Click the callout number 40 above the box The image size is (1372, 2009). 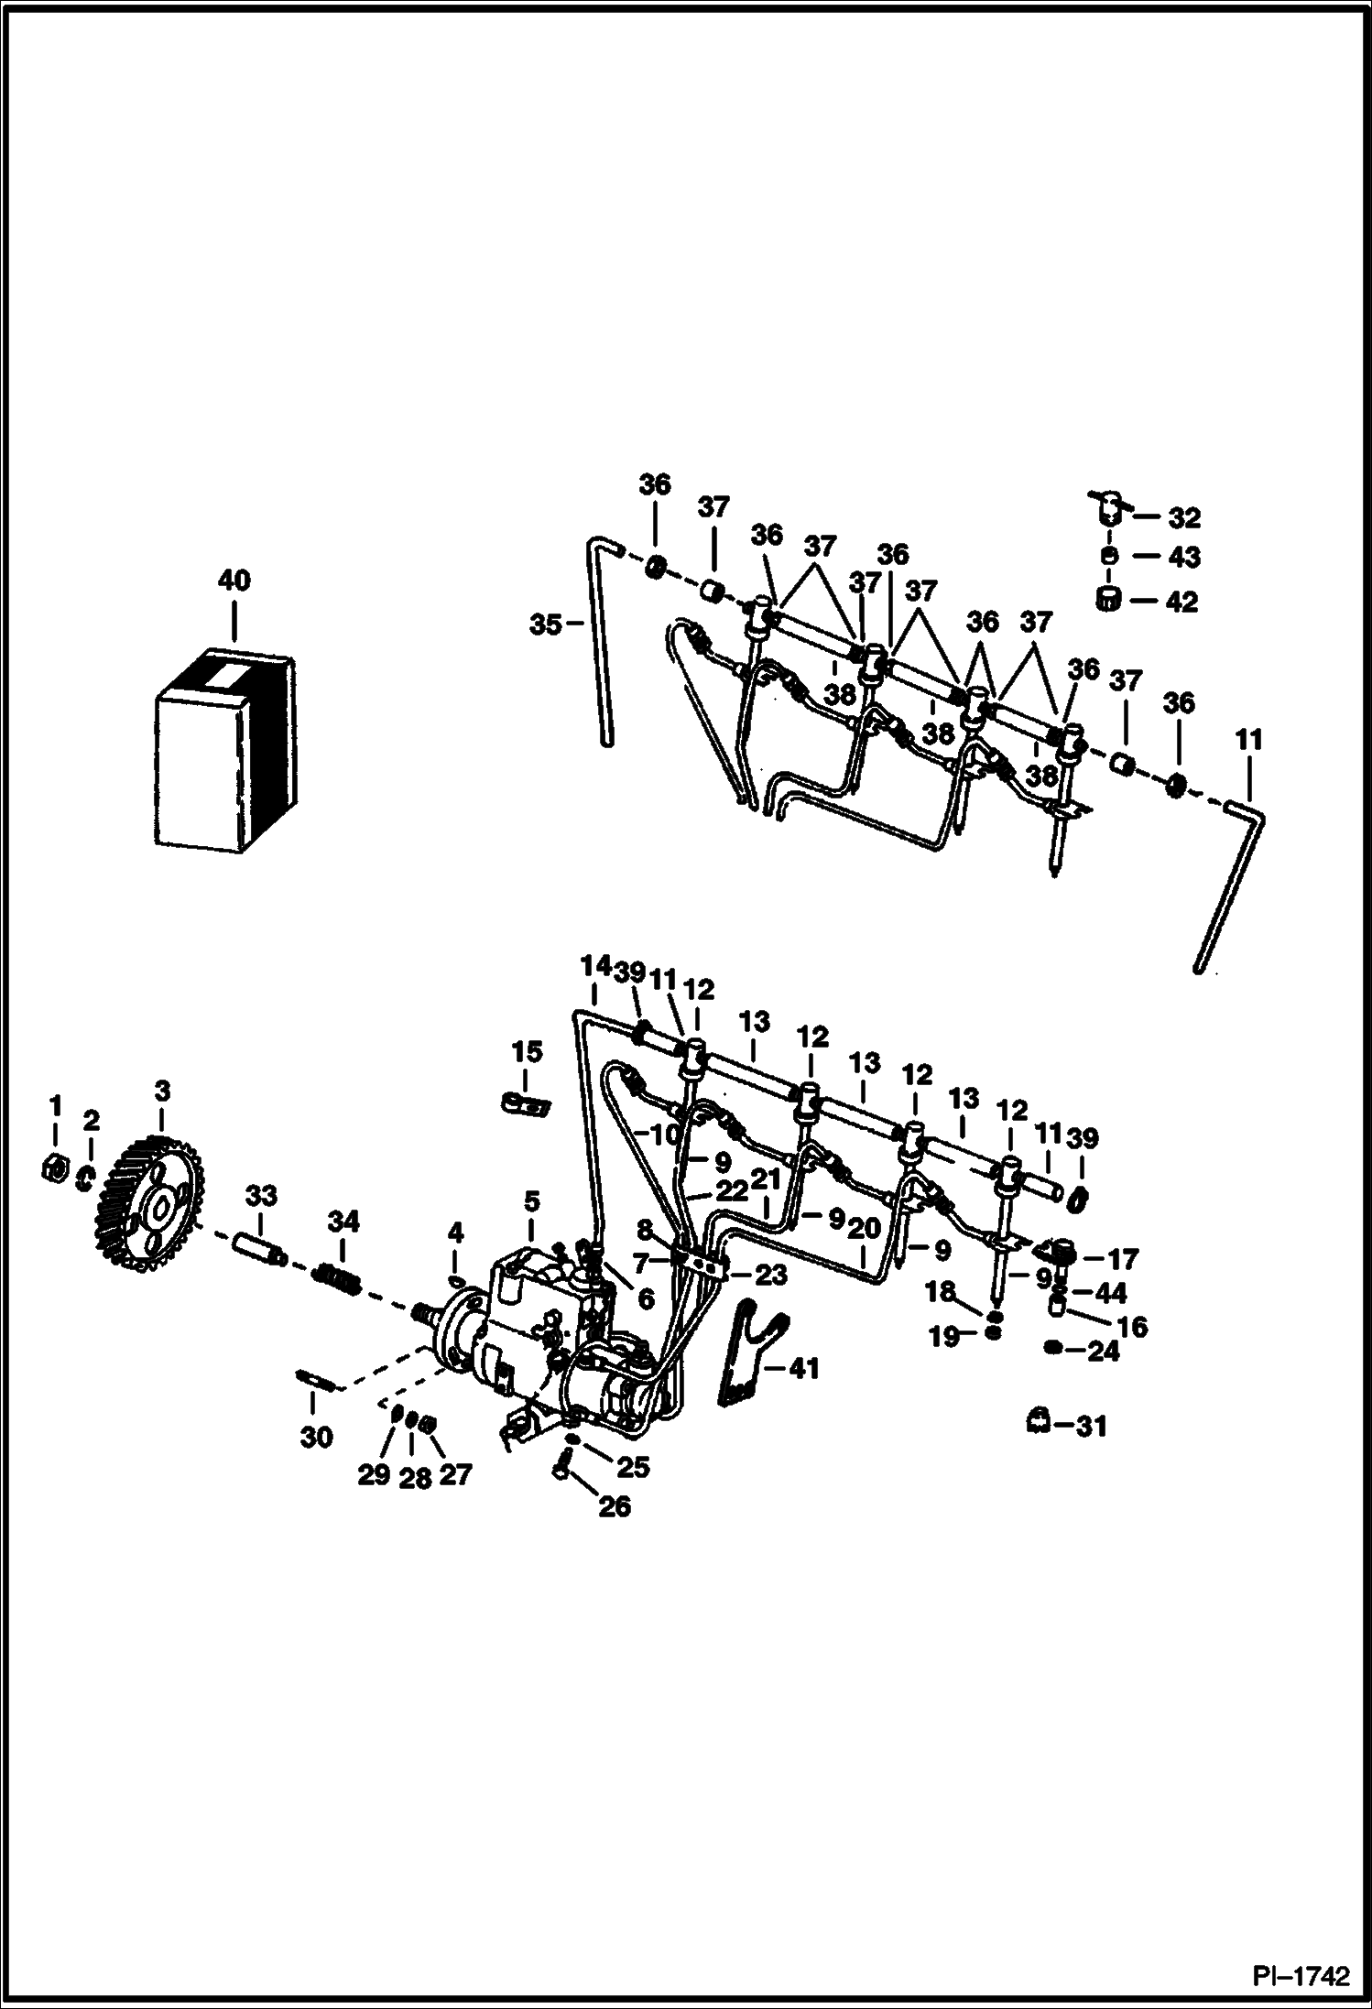click(234, 581)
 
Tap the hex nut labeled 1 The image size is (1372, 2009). click(55, 1168)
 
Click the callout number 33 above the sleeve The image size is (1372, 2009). click(261, 1196)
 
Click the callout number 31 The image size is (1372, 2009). click(1091, 1426)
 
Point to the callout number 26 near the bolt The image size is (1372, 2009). click(615, 1506)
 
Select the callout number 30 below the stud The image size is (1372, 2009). click(317, 1438)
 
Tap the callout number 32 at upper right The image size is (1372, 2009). click(1183, 518)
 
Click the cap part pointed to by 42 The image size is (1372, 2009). click(1110, 600)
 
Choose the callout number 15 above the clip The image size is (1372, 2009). click(527, 1052)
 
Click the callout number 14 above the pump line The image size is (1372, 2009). click(594, 966)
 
